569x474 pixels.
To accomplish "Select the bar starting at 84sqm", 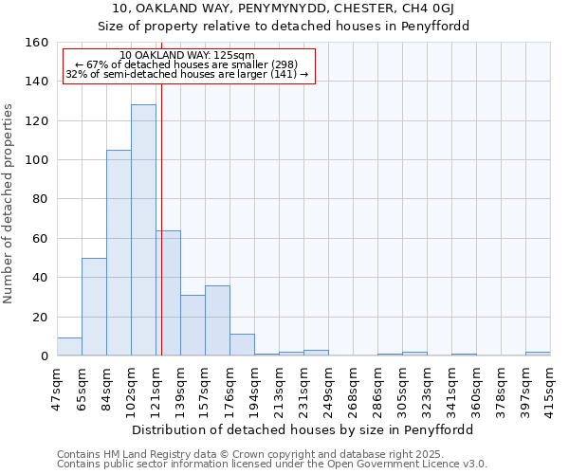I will pos(119,253).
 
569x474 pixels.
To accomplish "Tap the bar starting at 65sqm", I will pos(94,306).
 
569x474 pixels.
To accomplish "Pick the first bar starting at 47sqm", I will pos(69,347).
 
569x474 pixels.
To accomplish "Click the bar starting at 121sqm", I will pos(169,293).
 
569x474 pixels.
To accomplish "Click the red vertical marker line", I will pos(162,209).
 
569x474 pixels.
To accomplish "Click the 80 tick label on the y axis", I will pos(41,200).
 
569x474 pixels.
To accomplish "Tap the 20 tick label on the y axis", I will pos(41,318).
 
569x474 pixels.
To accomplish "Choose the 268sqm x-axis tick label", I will pos(354,389).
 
